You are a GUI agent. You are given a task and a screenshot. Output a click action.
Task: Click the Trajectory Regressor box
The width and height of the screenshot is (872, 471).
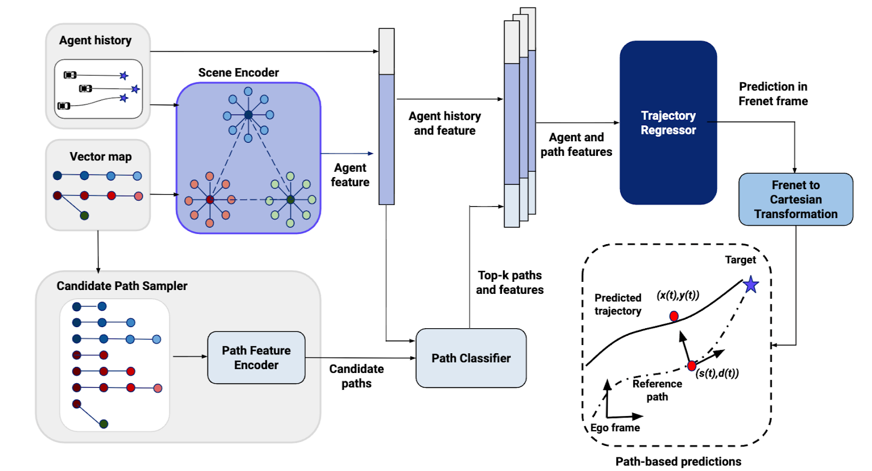coord(668,123)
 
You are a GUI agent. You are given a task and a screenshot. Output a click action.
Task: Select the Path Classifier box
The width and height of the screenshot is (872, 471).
coord(471,358)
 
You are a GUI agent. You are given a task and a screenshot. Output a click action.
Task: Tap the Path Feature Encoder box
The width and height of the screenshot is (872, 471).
coord(256,358)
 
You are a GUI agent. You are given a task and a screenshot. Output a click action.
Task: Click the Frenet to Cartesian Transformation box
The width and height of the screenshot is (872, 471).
coord(796,200)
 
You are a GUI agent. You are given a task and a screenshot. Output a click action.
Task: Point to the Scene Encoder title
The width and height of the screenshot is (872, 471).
coord(238,73)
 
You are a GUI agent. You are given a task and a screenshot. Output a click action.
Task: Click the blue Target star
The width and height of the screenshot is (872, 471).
coord(751,284)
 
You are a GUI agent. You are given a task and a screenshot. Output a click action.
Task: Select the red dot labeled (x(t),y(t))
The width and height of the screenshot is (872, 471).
coord(674,316)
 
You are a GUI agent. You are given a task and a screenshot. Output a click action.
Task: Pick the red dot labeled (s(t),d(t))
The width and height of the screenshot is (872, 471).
coord(692,365)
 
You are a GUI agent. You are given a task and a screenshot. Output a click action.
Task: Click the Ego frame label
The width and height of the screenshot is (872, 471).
coord(615,428)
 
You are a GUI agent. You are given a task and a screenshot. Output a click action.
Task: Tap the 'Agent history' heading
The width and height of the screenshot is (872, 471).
coord(95,40)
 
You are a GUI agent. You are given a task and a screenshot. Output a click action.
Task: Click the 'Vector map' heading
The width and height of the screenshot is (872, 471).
coord(101,157)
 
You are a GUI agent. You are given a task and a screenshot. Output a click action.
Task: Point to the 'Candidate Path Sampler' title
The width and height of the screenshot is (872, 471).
coord(122,286)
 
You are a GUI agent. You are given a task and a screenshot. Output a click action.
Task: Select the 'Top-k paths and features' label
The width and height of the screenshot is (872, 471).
coord(510,282)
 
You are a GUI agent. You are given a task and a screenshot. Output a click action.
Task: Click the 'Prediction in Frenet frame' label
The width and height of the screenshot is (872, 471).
coord(773,94)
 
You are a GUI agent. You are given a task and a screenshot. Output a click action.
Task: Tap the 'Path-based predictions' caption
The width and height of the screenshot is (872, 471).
coord(678,462)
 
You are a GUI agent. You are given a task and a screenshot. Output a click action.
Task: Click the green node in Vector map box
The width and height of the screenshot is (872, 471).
coord(84,215)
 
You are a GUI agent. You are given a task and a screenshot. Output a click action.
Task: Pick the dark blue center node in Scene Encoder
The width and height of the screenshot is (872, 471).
coord(249,114)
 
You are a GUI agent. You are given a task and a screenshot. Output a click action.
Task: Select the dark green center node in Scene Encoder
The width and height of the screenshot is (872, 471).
coord(290,200)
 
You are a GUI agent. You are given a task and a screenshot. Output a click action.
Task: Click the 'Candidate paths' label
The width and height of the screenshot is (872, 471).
coord(356,376)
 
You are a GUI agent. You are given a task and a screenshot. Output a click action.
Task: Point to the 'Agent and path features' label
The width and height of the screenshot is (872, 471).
coord(576,144)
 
